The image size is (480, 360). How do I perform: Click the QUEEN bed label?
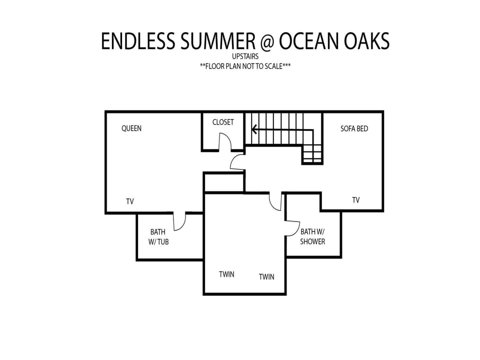pos(131,128)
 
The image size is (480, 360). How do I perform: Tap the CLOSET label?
pos(223,122)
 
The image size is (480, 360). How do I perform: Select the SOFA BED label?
pos(354,128)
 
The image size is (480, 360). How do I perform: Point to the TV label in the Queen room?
pos(130,201)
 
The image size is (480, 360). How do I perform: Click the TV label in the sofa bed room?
pos(355,200)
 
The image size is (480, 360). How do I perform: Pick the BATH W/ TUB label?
pos(158,237)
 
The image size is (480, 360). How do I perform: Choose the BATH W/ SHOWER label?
pos(312,236)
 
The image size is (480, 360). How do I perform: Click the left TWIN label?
pos(227,274)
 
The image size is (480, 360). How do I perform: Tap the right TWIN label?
pos(266,276)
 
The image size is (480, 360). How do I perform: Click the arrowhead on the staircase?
pos(254,130)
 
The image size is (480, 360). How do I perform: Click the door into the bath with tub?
pos(180,221)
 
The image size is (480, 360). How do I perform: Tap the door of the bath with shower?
pos(293,228)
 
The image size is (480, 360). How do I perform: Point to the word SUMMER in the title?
pos(217,41)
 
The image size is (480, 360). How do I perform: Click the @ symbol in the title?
pos(267,41)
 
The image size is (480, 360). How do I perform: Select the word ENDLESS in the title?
pos(138,41)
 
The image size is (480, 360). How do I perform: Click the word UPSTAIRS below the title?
pos(245,56)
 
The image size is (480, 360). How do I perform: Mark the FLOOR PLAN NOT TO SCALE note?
pos(245,66)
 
